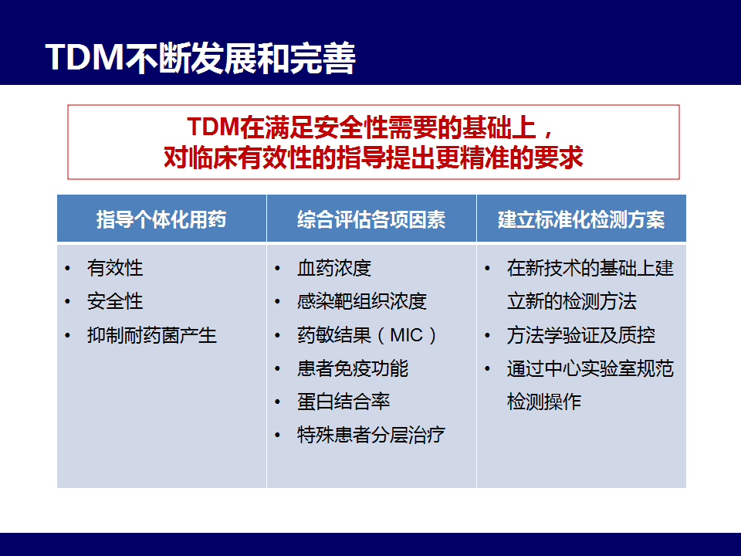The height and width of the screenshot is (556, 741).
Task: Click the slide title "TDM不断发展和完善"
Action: [x=201, y=58]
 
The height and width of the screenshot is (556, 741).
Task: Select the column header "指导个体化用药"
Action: [x=161, y=219]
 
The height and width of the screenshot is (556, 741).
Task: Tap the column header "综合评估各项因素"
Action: [x=371, y=219]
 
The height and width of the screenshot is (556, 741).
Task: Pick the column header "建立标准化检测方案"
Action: [x=581, y=219]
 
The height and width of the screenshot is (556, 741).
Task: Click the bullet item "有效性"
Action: [x=115, y=268]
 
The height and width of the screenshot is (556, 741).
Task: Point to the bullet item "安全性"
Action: [x=115, y=301]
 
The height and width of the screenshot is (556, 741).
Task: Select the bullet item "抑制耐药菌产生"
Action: [x=152, y=335]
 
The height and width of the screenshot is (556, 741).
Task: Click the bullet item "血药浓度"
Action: [x=334, y=268]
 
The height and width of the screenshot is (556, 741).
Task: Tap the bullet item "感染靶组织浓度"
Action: [x=362, y=301]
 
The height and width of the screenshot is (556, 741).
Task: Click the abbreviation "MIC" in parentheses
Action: [x=407, y=335]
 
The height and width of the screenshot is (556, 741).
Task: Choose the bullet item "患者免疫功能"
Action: [x=353, y=368]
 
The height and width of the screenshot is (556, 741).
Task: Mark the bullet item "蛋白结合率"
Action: [x=343, y=402]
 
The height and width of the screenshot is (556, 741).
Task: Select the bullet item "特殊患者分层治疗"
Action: [x=371, y=435]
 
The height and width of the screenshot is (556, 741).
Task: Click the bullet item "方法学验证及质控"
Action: [x=580, y=335]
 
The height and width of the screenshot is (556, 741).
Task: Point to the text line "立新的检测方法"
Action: [x=572, y=301]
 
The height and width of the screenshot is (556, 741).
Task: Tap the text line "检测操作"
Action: [x=544, y=402]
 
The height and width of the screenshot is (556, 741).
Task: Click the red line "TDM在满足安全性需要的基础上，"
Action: [x=371, y=127]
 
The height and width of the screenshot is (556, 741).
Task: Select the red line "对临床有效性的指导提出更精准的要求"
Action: [x=374, y=158]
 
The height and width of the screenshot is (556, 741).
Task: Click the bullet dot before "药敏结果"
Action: [x=277, y=336]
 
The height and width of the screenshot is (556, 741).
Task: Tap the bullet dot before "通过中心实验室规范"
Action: [x=487, y=369]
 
